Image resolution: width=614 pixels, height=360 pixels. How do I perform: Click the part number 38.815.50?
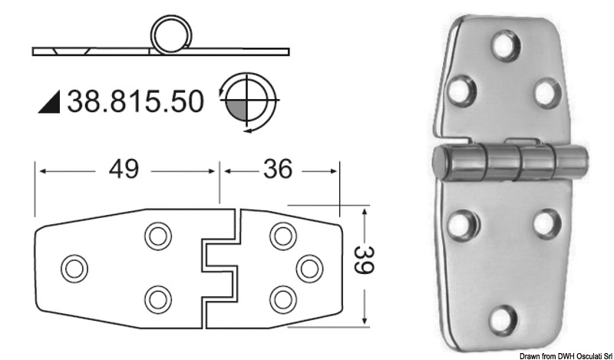coord(136,101)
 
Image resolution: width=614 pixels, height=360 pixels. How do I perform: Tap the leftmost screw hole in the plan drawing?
coord(74,267)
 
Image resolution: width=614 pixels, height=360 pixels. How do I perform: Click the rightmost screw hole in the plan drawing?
coord(308,267)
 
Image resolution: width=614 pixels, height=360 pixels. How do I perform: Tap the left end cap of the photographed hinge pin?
coord(442,163)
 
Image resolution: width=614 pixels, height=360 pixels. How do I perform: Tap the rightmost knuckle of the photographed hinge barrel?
coord(569,162)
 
